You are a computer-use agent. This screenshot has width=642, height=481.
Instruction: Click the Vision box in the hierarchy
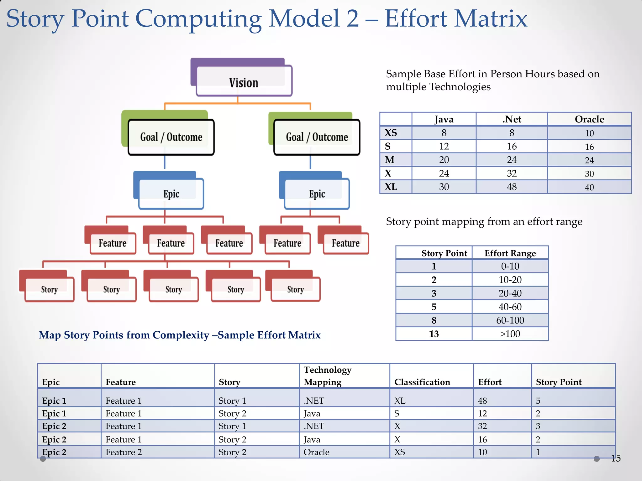pos(244,83)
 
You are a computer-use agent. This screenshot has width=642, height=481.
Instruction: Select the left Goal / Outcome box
pos(171,137)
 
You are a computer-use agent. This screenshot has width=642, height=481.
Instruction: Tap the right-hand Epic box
pos(317,194)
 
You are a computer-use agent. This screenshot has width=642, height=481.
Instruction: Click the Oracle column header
pos(589,119)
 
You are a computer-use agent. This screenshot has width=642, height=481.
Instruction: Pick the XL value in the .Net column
pos(512,187)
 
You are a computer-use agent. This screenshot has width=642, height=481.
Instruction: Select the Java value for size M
pos(444,160)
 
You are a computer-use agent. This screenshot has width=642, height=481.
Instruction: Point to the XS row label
pos(391,133)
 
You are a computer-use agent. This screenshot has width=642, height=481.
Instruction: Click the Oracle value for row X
pos(589,174)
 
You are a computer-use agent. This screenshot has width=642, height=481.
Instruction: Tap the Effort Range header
pos(510,253)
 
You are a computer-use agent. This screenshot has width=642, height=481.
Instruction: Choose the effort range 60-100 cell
pos(510,320)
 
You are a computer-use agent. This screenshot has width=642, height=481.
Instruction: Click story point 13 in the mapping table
pos(434,334)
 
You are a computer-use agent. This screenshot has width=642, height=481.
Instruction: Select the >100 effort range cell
pos(510,334)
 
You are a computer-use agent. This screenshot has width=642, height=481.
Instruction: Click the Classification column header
pos(422,382)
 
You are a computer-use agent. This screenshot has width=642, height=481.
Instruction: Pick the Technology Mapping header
pos(327,376)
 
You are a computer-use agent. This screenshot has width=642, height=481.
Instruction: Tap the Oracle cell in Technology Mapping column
pos(316,452)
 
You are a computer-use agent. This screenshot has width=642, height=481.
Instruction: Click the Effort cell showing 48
pos(482,401)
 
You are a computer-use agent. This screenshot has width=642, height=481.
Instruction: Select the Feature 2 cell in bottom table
pos(124,452)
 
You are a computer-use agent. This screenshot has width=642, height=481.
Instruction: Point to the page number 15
pos(616,458)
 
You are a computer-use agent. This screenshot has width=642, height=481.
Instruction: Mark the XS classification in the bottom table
pos(400,452)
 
